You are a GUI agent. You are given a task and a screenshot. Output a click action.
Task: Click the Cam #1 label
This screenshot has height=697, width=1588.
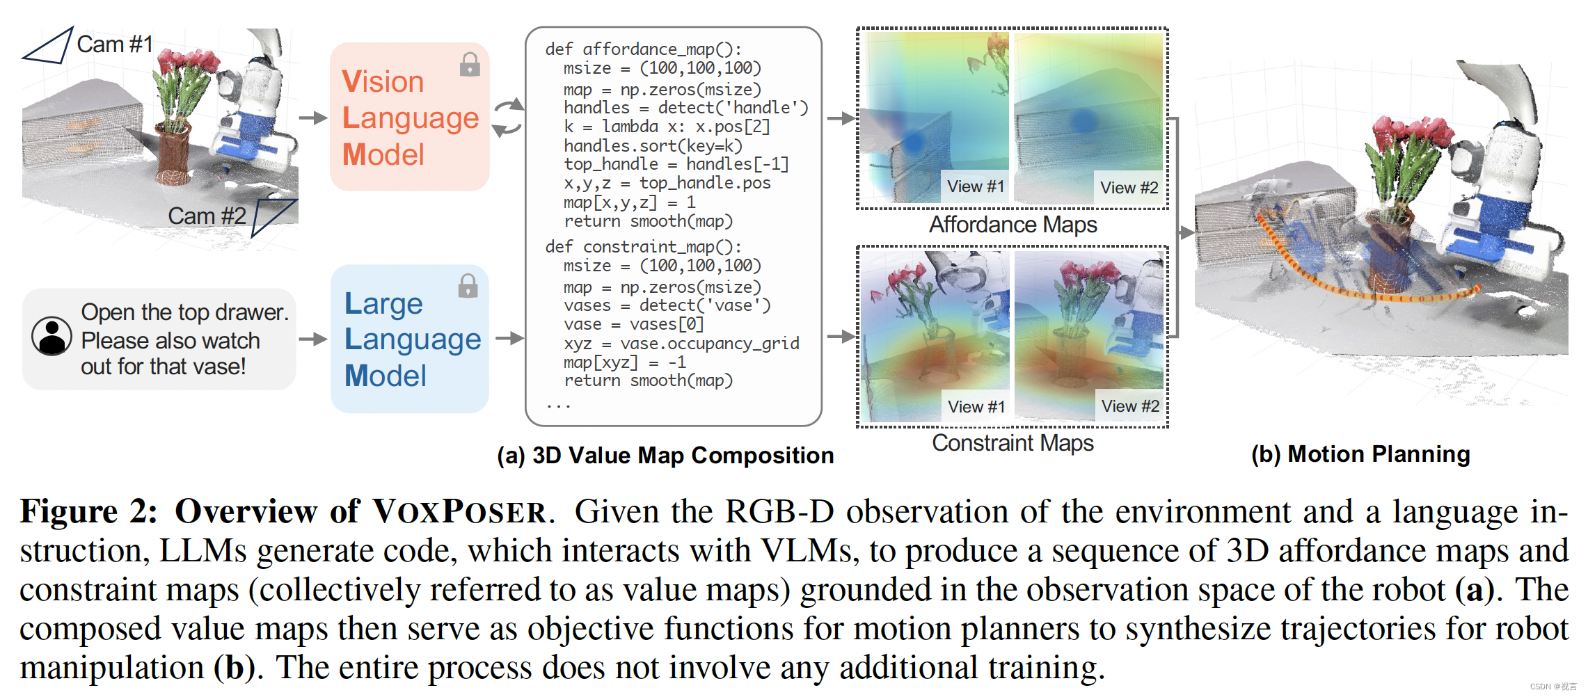[x=115, y=45]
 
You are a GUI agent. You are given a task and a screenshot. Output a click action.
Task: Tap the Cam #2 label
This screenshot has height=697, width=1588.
[x=207, y=216]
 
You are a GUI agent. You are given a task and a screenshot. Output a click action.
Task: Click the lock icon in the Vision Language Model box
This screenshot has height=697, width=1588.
[x=470, y=65]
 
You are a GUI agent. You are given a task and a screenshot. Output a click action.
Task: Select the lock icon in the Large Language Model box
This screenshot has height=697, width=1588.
[x=468, y=285]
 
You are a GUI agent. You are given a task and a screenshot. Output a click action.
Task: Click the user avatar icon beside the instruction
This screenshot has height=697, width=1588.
[x=51, y=337]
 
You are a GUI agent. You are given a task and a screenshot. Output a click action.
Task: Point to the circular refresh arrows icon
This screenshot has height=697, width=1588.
[x=508, y=117]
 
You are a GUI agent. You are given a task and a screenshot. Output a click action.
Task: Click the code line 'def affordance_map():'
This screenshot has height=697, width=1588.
[x=643, y=49]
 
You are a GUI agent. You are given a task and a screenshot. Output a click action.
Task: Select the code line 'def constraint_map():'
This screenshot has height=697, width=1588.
[x=643, y=247]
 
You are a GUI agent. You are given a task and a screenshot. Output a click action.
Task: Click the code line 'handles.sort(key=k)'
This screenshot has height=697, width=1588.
[x=653, y=146]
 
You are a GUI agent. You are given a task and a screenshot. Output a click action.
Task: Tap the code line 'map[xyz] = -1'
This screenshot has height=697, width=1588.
[x=624, y=362]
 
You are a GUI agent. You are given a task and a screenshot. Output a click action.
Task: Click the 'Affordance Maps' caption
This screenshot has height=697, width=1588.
[x=1013, y=225]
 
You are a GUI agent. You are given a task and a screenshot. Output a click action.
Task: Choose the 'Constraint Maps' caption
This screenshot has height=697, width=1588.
[x=1013, y=443]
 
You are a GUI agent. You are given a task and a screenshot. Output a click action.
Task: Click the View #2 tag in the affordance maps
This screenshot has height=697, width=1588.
[x=1129, y=188]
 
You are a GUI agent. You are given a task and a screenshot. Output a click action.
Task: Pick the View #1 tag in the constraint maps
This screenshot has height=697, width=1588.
[x=976, y=407]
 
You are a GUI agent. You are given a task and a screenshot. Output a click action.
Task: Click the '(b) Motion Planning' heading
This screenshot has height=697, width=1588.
[x=1360, y=454]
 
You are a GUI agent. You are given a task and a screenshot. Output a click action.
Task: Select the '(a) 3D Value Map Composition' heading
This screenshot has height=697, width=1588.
[x=665, y=456]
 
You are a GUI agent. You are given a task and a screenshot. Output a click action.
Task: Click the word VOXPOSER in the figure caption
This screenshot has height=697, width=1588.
[x=459, y=512]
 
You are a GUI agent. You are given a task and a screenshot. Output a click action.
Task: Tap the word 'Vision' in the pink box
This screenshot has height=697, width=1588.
[x=383, y=82]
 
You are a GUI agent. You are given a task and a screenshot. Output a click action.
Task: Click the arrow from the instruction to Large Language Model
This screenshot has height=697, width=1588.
[x=312, y=339]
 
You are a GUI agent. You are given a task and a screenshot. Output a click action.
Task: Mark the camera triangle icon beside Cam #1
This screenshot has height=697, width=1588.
[x=49, y=47]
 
